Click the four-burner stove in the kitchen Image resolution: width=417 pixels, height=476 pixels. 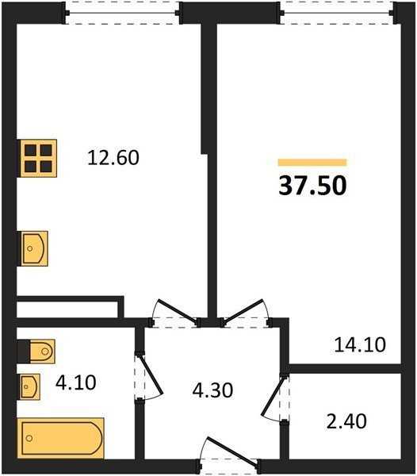pyautogui.click(x=38, y=158)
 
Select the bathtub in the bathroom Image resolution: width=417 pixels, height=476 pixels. pyautogui.click(x=60, y=437)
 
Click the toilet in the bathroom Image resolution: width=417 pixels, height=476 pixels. pyautogui.click(x=36, y=349)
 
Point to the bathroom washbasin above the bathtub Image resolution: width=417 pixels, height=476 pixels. pyautogui.click(x=31, y=387)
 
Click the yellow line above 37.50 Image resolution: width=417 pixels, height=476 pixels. pyautogui.click(x=312, y=162)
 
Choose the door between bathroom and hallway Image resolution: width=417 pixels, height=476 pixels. pyautogui.click(x=147, y=376)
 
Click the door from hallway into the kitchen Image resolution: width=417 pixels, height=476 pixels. pyautogui.click(x=174, y=314)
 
